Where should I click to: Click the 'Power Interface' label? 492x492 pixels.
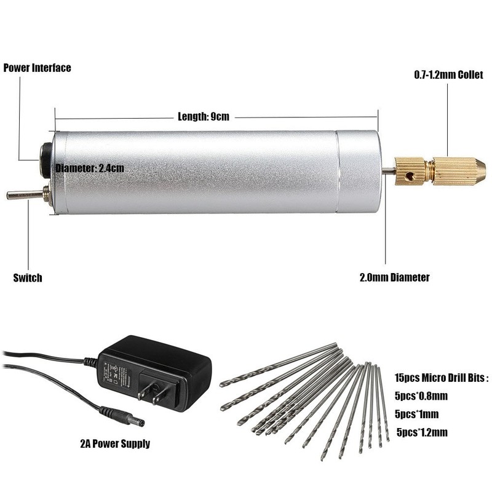38,68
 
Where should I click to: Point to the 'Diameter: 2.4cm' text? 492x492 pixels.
90,167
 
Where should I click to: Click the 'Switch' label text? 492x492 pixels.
28,277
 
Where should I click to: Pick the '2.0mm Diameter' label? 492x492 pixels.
394,277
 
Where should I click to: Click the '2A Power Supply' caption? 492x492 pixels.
115,443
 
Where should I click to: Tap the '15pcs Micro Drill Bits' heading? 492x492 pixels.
442,378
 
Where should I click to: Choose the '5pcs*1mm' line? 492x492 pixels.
418,413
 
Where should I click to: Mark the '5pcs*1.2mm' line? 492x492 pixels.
422,432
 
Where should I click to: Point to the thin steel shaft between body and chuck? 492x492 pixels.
388,172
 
